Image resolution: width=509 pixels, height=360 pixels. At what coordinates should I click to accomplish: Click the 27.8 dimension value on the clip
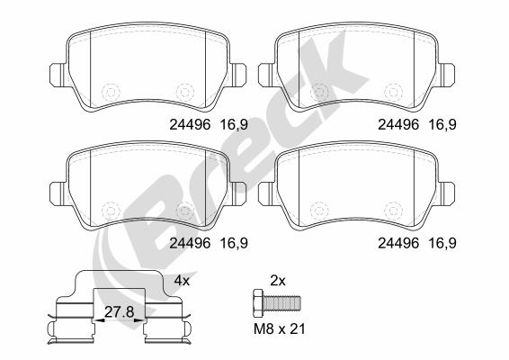tap(119, 312)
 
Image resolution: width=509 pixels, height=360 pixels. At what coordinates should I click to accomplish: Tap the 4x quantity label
tap(182, 281)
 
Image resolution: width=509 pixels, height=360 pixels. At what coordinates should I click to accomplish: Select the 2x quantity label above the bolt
tap(278, 281)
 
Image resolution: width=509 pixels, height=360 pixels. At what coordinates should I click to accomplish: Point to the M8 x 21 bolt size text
tap(280, 329)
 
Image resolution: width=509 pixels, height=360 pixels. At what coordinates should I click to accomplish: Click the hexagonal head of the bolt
tap(258, 304)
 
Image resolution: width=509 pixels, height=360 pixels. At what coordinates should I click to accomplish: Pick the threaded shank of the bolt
tap(281, 303)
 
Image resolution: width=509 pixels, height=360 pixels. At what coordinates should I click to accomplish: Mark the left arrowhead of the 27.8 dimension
tap(98, 320)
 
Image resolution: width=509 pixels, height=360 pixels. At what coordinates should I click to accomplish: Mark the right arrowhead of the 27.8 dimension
tap(139, 320)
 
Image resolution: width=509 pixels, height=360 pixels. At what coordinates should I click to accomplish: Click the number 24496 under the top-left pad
tap(190, 124)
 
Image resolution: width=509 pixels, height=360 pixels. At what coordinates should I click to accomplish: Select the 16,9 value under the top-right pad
tap(442, 124)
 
